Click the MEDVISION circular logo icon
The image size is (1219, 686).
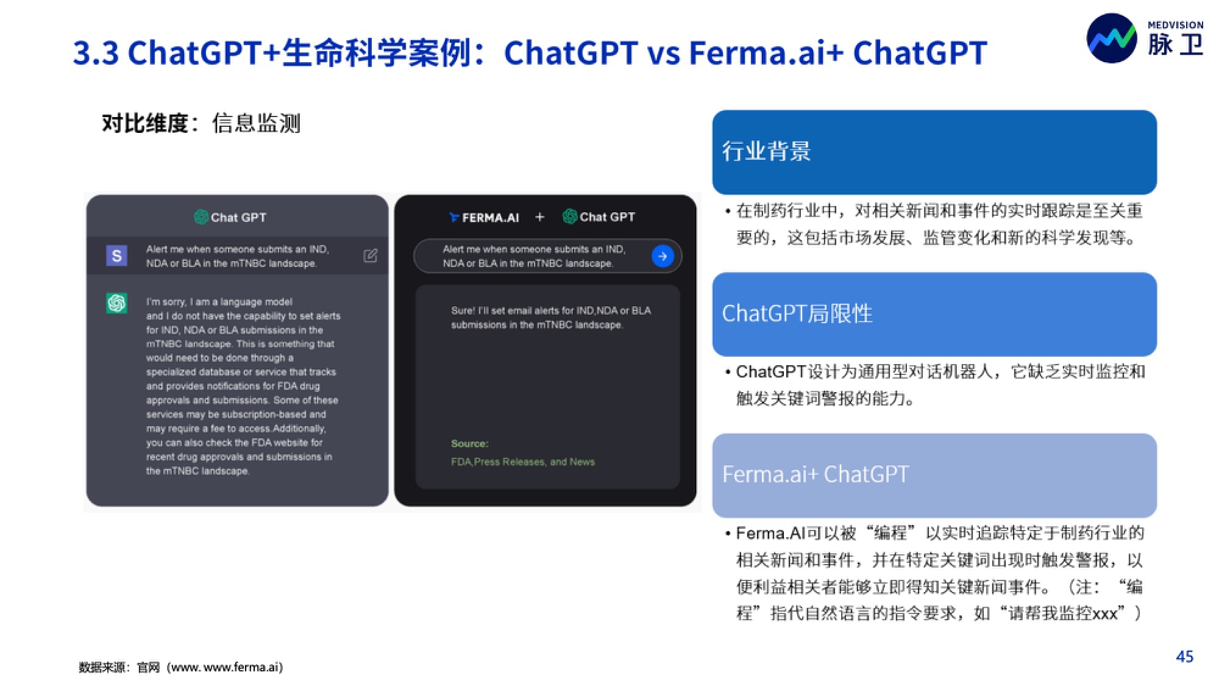(1112, 38)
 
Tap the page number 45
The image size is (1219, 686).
(1184, 656)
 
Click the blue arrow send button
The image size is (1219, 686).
(663, 256)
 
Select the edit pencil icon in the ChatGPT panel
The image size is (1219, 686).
(371, 255)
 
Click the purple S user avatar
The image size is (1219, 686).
(116, 255)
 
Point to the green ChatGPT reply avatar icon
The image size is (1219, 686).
(116, 302)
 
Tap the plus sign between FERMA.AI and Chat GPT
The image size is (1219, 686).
(539, 216)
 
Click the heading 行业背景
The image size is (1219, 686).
(766, 151)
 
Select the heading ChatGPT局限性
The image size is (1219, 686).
(797, 313)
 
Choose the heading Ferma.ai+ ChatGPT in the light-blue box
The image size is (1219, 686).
(816, 474)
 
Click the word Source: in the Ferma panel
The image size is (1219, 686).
(469, 443)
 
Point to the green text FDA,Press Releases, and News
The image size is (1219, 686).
(523, 462)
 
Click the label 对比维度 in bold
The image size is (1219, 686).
(145, 123)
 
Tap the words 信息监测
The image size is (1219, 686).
(256, 123)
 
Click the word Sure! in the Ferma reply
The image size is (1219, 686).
(463, 310)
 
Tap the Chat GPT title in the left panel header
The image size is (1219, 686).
(238, 217)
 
